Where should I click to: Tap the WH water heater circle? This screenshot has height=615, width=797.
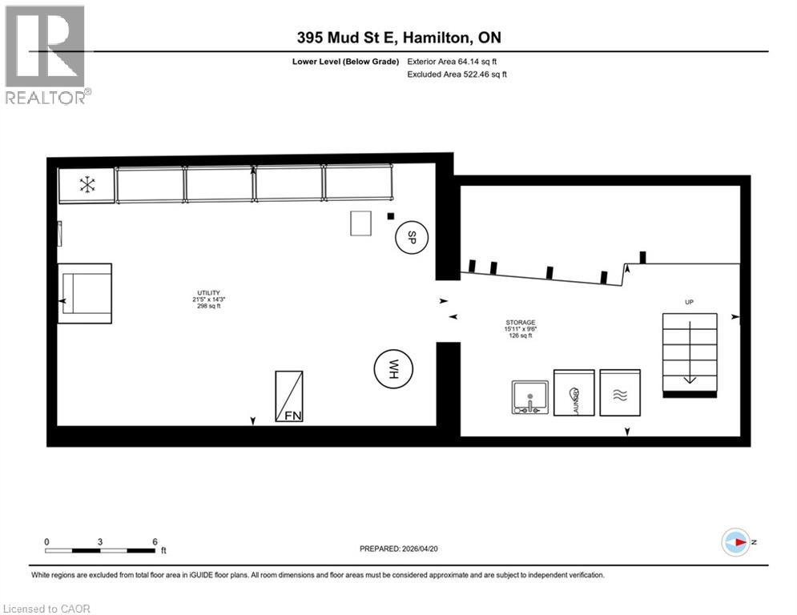point(392,369)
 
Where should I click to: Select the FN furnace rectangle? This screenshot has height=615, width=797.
point(288,396)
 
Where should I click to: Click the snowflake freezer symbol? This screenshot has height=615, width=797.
point(87,186)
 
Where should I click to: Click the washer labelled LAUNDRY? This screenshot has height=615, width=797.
point(574,393)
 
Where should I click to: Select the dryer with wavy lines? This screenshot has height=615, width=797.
point(620,393)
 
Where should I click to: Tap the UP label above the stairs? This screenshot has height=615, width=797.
point(689,302)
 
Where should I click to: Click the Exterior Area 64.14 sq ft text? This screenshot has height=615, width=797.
point(457,61)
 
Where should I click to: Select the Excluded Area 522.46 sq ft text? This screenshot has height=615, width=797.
point(457,74)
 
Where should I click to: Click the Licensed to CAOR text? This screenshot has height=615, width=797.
point(48,609)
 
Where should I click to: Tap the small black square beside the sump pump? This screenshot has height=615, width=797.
point(390,215)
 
